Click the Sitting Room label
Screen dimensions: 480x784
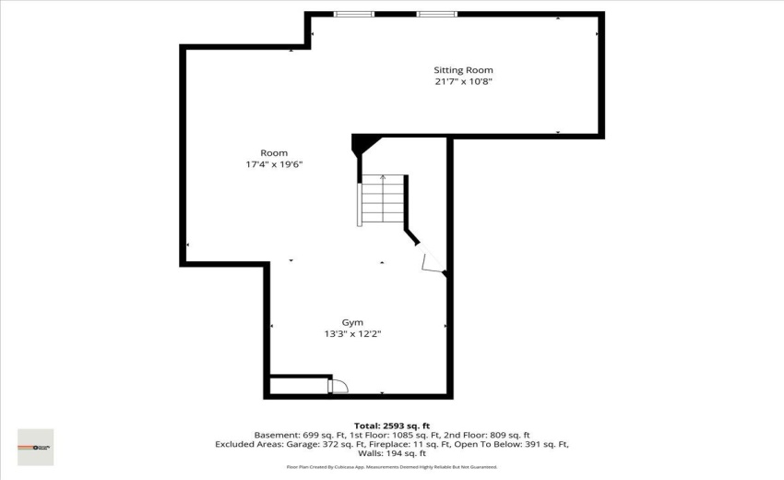click(463, 70)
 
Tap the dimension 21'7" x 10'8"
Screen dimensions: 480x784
click(463, 81)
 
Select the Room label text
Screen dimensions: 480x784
click(274, 153)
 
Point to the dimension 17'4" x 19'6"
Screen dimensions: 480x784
click(274, 164)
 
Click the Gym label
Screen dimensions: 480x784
click(352, 322)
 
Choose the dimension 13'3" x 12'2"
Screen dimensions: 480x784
click(352, 333)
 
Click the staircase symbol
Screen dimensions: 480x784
click(381, 199)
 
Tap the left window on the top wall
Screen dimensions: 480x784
click(353, 14)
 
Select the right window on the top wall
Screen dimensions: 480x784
click(436, 14)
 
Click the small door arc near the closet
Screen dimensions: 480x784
click(339, 385)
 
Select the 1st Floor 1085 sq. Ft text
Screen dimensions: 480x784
click(382, 435)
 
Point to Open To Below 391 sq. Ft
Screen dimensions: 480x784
click(513, 444)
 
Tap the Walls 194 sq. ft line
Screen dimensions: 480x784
click(392, 453)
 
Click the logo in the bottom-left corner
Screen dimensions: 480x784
click(36, 447)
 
